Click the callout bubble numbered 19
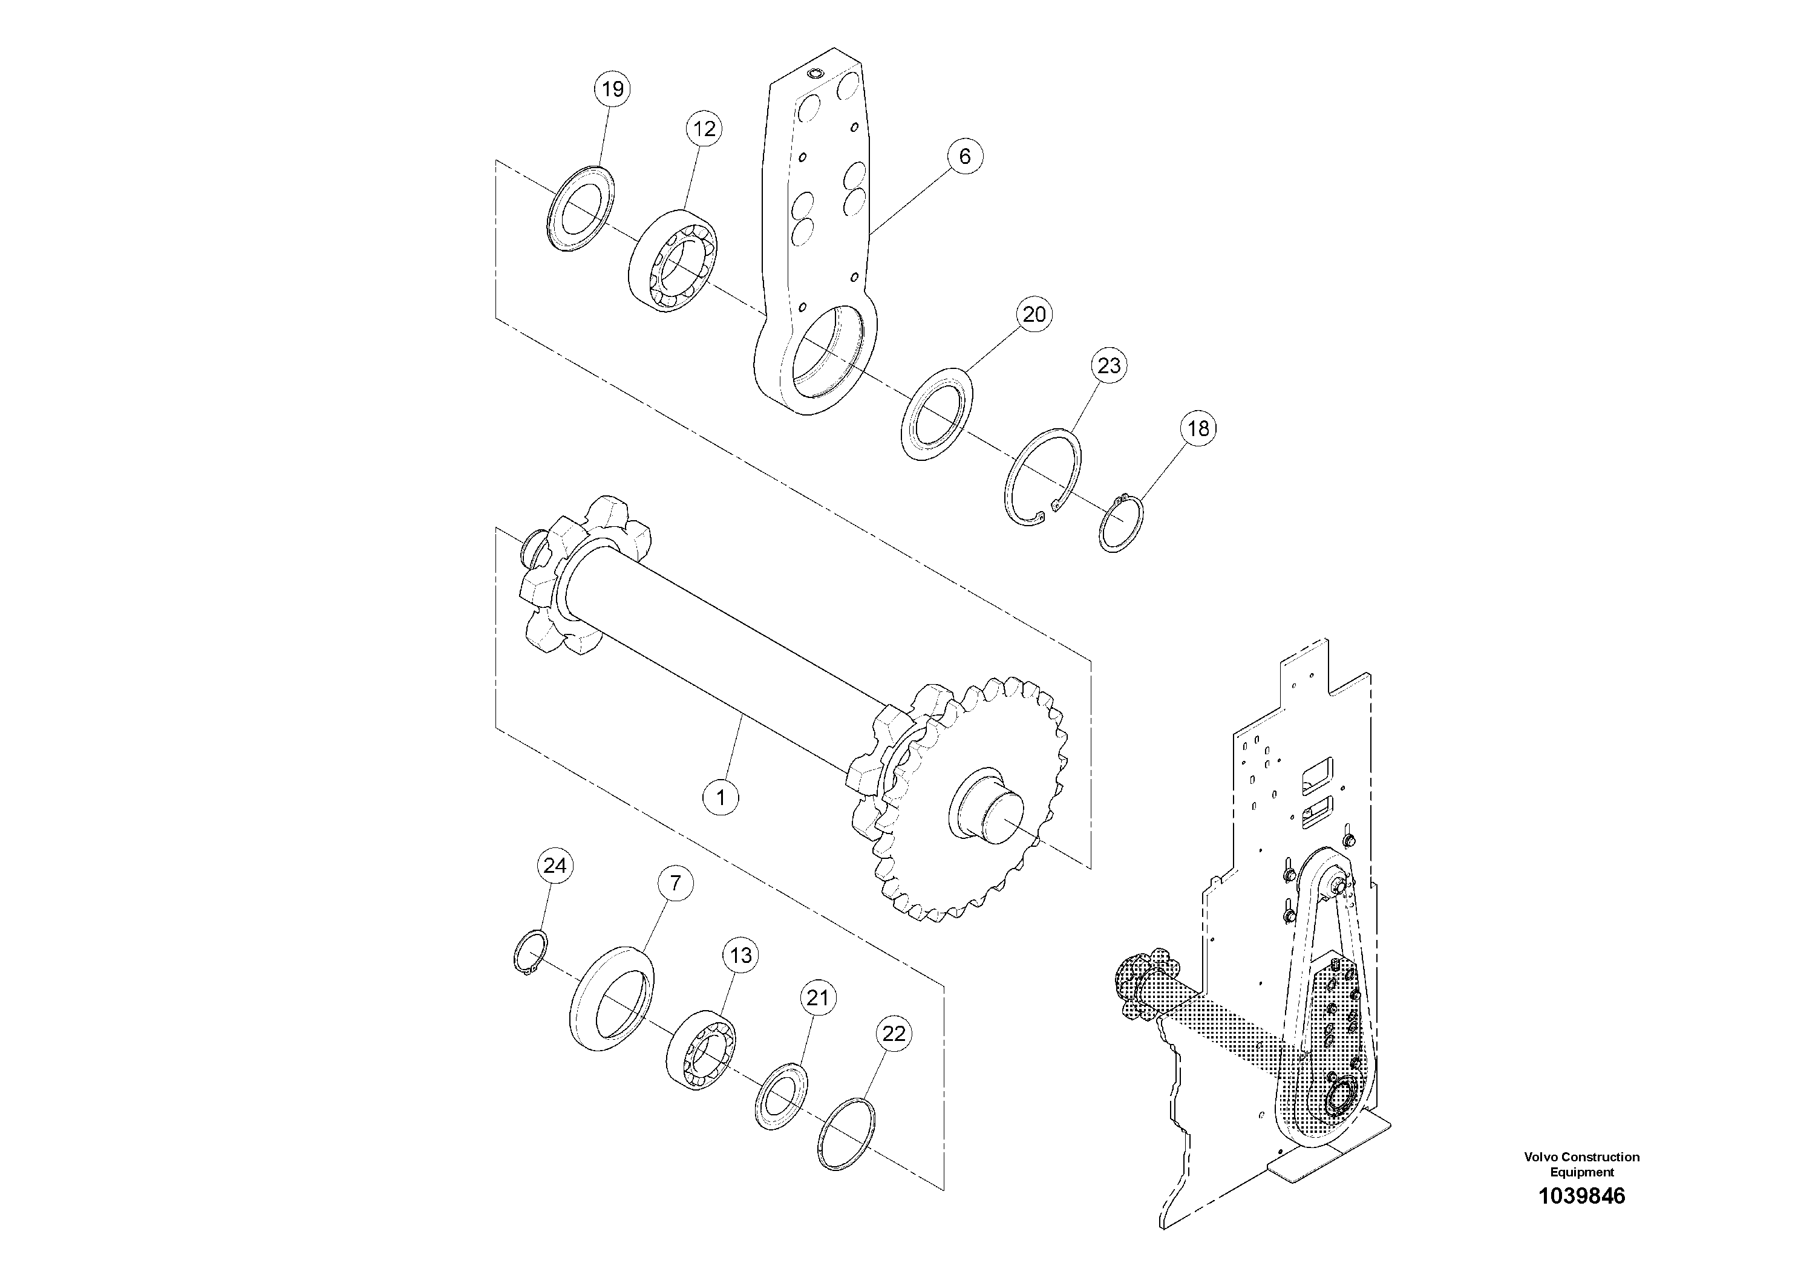click(x=613, y=90)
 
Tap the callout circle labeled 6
click(x=964, y=156)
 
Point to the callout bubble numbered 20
click(x=1035, y=315)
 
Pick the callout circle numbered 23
click(x=1109, y=365)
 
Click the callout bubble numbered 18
click(x=1198, y=428)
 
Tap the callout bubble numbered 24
click(x=555, y=866)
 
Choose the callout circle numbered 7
click(x=675, y=884)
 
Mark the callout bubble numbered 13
click(x=740, y=955)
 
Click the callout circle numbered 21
click(x=817, y=999)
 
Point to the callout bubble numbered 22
click(x=894, y=1034)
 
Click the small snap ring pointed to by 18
click(x=1120, y=523)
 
